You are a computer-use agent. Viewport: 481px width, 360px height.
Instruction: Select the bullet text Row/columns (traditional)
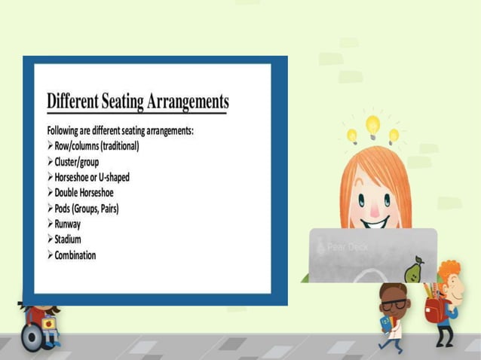[97, 146]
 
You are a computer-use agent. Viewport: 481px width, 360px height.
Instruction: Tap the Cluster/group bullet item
[76, 161]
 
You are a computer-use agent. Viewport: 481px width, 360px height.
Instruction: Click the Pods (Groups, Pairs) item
[86, 208]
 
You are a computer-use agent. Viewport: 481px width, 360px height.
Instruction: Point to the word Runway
[67, 224]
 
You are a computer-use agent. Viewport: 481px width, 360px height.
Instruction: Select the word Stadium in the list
[69, 239]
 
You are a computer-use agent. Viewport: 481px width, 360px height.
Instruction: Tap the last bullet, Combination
[75, 255]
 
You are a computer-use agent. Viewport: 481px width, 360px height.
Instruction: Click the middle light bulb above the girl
[372, 124]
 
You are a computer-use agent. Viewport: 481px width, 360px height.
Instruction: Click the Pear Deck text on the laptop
[348, 247]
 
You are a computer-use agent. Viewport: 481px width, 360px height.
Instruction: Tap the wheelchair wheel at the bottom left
[32, 338]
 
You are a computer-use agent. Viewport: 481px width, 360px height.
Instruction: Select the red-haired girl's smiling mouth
[375, 221]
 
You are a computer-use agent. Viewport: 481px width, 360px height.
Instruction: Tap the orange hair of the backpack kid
[449, 270]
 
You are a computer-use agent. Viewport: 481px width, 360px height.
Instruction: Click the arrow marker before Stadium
[50, 239]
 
